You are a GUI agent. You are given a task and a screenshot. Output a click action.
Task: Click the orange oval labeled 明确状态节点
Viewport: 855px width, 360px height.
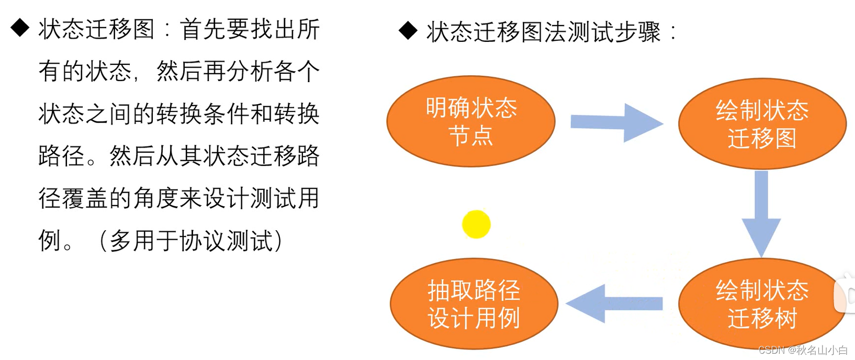point(470,121)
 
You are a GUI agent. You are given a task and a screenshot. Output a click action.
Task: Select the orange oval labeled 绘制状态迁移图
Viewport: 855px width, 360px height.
point(762,124)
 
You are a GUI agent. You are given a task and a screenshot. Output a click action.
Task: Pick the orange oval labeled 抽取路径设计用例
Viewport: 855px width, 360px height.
point(474,304)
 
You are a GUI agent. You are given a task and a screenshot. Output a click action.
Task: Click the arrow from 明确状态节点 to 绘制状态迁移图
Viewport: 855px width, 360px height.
point(616,122)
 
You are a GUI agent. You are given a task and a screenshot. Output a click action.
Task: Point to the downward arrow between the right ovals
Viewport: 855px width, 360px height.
point(761,212)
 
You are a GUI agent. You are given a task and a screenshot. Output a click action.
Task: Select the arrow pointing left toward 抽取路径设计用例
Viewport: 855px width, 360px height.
point(614,303)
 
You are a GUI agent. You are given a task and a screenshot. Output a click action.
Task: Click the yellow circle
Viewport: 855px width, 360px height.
point(476,224)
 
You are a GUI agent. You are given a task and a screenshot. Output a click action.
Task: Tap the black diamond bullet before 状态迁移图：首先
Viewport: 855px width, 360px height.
point(20,28)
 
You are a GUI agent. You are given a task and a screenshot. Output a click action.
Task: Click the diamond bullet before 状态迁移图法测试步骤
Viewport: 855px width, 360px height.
point(408,31)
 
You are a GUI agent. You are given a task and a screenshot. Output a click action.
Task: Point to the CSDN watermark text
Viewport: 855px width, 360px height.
point(803,350)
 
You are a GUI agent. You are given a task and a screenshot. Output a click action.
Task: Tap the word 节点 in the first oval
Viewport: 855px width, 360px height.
point(470,136)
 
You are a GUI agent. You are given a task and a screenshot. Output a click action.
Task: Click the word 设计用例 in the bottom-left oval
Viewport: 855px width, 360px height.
point(474,318)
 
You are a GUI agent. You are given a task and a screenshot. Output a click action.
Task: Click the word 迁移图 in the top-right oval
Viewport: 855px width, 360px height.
point(762,139)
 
